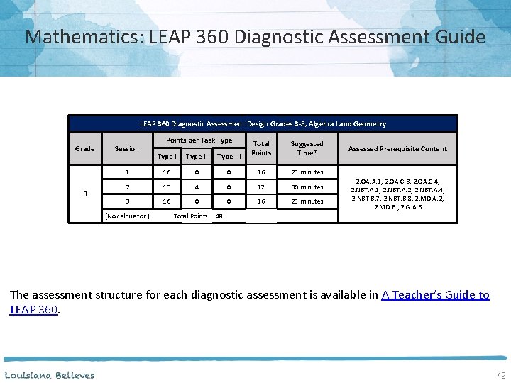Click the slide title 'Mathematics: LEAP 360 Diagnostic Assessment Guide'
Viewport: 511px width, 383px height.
[x=255, y=36]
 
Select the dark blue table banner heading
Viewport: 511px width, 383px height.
[x=263, y=124]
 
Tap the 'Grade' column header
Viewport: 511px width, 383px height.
[x=84, y=149]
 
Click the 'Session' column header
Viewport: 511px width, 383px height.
[x=126, y=149]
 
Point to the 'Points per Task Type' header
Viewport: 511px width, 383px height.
[x=199, y=140]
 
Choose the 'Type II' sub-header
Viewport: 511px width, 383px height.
[x=197, y=157]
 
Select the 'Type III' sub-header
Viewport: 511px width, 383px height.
[x=229, y=157]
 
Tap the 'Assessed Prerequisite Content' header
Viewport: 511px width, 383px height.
[x=397, y=149]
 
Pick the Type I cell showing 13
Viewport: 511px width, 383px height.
[x=166, y=187]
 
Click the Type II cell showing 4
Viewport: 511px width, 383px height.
[x=197, y=187]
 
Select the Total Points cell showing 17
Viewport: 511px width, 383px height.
[x=261, y=187]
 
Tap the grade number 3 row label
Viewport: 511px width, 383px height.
[x=84, y=193]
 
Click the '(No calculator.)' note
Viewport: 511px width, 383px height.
[x=127, y=216]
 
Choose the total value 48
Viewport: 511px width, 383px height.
[x=219, y=216]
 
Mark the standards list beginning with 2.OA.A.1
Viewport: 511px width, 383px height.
[x=397, y=194]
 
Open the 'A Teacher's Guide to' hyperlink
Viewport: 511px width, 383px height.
[x=435, y=295]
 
